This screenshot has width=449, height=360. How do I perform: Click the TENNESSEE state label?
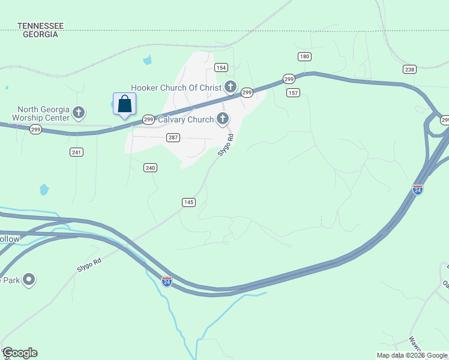point(41,26)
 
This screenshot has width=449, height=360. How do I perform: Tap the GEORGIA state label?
point(41,34)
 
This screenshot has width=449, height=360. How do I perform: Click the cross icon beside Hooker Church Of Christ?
point(230,86)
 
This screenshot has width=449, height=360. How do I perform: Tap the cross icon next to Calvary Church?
point(223,119)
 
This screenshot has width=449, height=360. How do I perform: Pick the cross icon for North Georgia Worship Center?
point(79,112)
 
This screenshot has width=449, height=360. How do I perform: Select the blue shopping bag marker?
point(124,104)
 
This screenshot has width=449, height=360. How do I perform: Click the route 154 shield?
point(221,68)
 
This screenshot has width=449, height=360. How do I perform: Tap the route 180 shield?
point(305,56)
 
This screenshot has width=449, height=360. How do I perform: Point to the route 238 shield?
point(410,70)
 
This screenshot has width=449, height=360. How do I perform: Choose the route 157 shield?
point(294,92)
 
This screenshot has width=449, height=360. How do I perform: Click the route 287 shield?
point(173,138)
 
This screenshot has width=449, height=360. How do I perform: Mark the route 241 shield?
point(76,152)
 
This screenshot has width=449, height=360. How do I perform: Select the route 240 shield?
point(150,168)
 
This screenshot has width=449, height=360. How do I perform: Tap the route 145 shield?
point(188,203)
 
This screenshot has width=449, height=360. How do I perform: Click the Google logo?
point(20,353)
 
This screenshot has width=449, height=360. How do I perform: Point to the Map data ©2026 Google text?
point(412,355)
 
